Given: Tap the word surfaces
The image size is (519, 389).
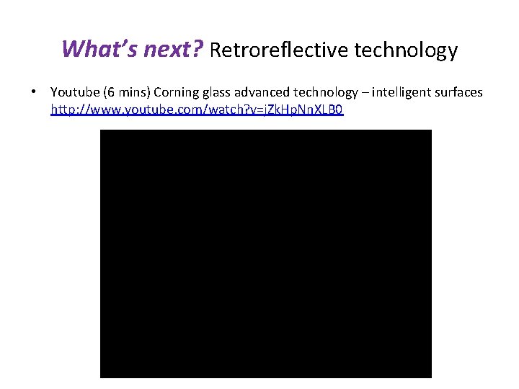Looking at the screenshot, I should (456, 92).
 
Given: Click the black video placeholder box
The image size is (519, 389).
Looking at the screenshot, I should (265, 254).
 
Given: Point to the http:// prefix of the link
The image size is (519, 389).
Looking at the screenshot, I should (66, 110).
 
